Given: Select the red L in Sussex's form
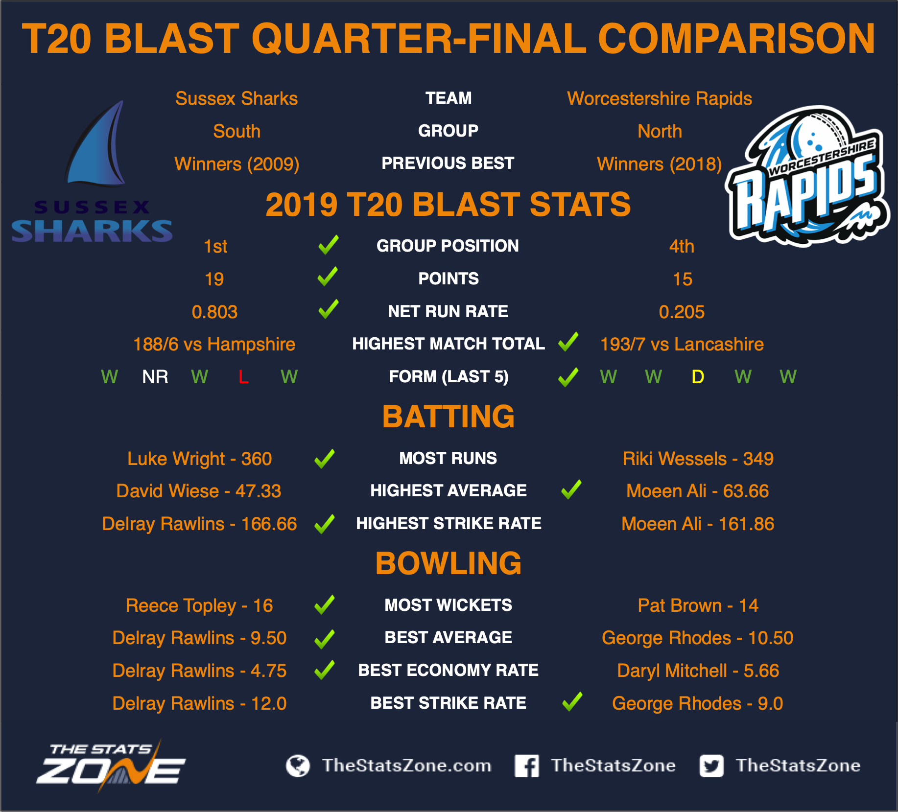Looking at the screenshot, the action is pos(243,377).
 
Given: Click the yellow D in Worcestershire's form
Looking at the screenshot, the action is pos(698,377).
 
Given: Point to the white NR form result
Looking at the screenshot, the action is pos(155,377).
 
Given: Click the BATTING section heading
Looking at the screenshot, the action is pos(449,417).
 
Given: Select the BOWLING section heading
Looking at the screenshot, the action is pos(449,563).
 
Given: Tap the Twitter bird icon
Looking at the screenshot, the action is pos(711,766).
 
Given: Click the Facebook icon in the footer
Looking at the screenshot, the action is pos(527,766).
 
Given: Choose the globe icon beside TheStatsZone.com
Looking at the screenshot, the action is pos(298,766).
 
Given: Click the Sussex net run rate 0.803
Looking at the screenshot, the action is pos(214,312).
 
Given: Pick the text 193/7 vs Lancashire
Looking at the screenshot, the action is pos(682,345).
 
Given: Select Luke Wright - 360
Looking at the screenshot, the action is pos(200,459).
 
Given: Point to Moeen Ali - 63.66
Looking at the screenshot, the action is pos(698,491).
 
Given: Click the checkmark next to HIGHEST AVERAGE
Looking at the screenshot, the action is pos(571,489).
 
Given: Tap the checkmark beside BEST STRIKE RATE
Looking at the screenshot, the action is pos(572,701).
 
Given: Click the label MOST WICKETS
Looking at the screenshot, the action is pos(449,605).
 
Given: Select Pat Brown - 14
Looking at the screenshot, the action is pos(698,605).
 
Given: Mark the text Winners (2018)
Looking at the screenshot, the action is pos(660,164).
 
